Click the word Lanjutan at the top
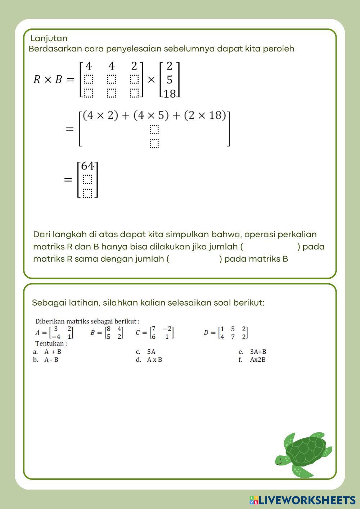click(49, 38)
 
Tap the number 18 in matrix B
click(170, 94)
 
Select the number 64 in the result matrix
click(87, 166)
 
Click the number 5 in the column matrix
click(170, 80)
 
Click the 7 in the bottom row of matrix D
click(233, 337)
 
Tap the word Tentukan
click(50, 343)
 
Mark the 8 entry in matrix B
click(108, 329)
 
